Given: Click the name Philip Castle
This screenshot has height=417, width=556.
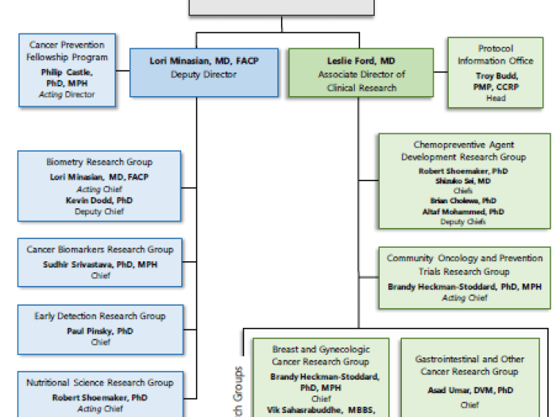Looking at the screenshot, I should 68,72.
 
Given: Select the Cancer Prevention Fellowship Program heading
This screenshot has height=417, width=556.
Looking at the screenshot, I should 68,52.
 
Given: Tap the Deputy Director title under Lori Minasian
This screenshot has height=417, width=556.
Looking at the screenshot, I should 204,75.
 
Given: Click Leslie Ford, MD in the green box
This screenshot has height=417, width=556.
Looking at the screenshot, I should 361,61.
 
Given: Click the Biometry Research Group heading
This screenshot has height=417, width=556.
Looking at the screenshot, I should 99,162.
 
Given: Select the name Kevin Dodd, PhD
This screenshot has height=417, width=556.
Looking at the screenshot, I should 99,201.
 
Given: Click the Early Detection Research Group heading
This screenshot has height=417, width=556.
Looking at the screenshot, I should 100,316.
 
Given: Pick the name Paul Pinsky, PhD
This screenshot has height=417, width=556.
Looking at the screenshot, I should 100,330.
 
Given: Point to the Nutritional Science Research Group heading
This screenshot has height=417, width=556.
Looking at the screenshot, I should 100,383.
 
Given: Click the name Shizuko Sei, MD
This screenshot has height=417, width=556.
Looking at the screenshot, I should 464,180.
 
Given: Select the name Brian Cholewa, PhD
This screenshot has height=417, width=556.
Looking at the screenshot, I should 464,201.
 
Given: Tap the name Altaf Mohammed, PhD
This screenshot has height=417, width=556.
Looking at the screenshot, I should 464,212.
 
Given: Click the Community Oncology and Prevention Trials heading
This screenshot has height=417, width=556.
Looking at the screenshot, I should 465,265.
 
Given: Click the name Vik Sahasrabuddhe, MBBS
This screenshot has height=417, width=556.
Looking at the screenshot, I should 320,410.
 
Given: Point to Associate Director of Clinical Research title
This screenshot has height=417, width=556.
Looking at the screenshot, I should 361,81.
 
